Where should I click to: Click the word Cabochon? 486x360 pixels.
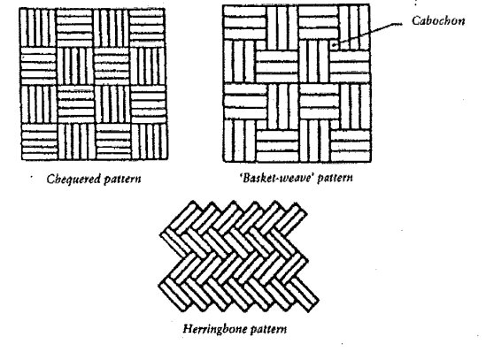coord(438,20)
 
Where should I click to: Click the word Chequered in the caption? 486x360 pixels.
coord(73,179)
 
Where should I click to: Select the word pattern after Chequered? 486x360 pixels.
coord(122,180)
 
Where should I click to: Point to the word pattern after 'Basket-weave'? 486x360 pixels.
coord(335,178)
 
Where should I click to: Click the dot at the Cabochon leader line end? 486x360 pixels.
coord(334,45)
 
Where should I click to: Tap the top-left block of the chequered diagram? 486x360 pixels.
coord(38,27)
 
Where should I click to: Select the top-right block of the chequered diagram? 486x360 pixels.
coord(147,27)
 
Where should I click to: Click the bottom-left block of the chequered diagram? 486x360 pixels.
coord(40,142)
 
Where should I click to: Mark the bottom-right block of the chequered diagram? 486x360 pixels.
coord(150,142)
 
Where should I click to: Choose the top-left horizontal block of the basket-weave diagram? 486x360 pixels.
coord(244,23)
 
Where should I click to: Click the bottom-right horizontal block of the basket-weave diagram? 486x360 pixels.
coord(351,145)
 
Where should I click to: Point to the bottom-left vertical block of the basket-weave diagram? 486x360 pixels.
coord(240,141)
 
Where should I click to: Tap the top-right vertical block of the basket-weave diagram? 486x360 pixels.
coord(353,27)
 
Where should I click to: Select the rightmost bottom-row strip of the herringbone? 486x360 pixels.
coord(303,294)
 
